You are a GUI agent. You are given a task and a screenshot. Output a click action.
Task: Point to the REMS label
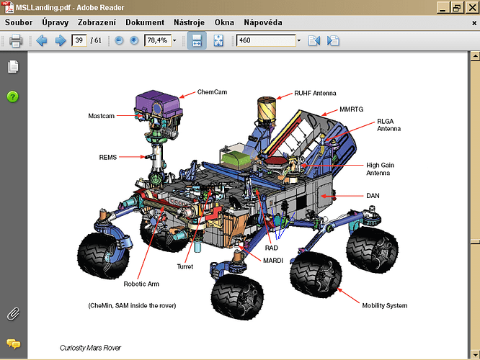click(108, 156)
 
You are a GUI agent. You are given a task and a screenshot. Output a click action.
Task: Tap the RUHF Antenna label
click(315, 93)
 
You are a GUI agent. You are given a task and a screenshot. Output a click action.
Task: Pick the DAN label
click(373, 195)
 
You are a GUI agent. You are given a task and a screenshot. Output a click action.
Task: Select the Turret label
click(185, 266)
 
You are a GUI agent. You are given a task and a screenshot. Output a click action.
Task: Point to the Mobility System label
click(384, 305)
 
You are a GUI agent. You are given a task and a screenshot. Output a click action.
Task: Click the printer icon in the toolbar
click(16, 40)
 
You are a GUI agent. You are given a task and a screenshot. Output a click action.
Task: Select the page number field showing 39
click(79, 40)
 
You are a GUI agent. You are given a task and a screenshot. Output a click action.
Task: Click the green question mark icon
click(13, 96)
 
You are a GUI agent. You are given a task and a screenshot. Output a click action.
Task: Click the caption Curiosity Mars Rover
click(89, 348)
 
